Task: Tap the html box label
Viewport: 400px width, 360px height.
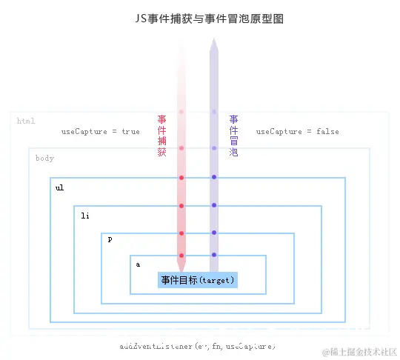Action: [x=26, y=121]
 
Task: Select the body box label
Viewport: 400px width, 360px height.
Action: [x=44, y=158]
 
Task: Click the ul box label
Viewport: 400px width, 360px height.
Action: [x=59, y=187]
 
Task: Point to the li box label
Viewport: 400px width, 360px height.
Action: [x=85, y=216]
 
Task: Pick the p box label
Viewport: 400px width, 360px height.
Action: [x=110, y=240]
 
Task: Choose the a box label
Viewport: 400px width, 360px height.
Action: [x=138, y=264]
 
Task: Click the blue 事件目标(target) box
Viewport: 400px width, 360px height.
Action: [x=198, y=280]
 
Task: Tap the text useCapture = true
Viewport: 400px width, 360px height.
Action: [x=100, y=131]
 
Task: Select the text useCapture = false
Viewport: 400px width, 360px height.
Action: [x=297, y=131]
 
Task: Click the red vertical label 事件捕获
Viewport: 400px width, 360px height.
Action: [x=161, y=136]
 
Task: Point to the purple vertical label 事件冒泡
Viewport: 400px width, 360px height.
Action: [x=233, y=136]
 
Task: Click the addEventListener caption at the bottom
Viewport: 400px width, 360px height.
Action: [x=198, y=346]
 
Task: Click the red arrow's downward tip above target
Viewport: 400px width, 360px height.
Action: [x=181, y=267]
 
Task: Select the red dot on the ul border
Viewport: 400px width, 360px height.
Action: [x=181, y=178]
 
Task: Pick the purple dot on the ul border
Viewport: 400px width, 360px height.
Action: [x=214, y=177]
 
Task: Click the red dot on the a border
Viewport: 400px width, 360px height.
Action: [x=181, y=256]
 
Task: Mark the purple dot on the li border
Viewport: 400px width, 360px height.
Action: [x=214, y=205]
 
